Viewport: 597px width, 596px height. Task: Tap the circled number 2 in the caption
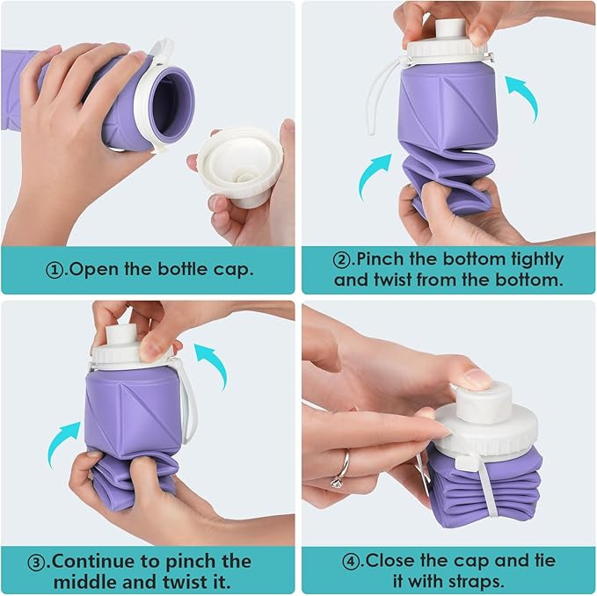(x=340, y=260)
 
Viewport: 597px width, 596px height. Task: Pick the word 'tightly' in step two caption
(x=532, y=260)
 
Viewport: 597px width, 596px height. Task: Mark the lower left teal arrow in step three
(x=63, y=439)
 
